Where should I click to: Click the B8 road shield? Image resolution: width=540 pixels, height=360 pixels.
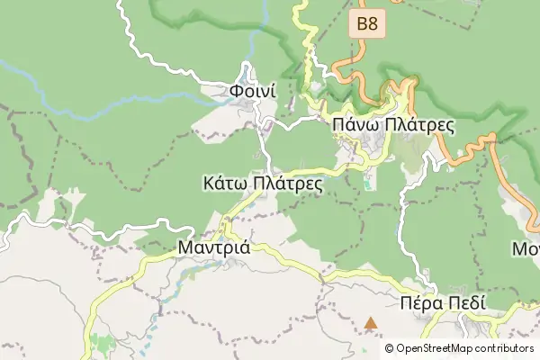point(367,24)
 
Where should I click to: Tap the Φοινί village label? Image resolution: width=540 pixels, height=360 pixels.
point(251,92)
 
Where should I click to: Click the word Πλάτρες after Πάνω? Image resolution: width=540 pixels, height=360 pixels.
point(418,125)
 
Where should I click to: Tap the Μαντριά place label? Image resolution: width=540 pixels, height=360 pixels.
point(214,246)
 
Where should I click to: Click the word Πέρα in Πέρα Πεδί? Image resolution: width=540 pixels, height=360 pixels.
point(420,303)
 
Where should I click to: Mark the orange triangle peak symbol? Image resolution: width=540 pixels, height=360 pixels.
point(371,322)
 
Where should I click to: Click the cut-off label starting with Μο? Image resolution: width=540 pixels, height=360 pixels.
point(526,247)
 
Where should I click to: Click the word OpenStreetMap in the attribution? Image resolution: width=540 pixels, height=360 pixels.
point(436,348)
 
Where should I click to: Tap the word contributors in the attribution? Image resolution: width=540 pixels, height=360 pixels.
point(505,348)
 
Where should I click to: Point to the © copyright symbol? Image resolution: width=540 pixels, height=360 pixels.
point(389,348)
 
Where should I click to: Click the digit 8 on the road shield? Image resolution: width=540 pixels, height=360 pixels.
point(373,24)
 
